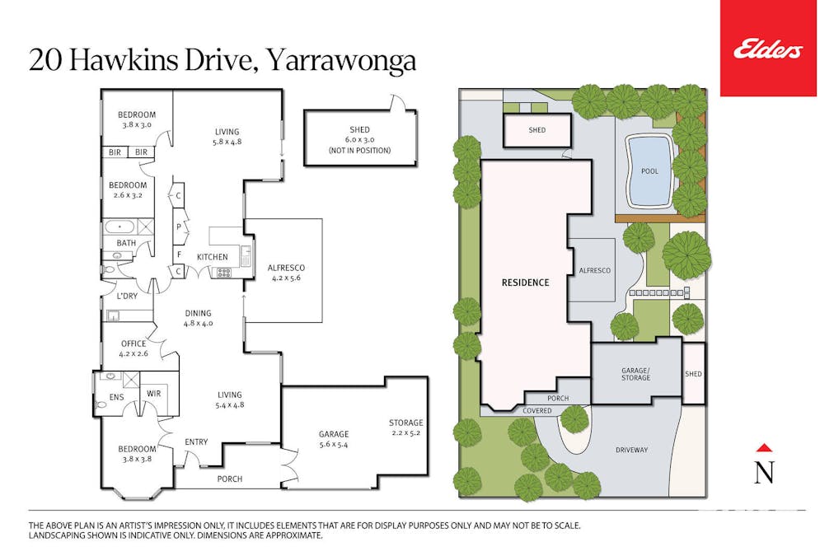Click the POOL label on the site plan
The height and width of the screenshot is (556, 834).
(649, 171)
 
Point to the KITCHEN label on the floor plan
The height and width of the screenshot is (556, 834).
(212, 257)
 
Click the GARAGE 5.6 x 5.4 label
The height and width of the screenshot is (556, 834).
(334, 439)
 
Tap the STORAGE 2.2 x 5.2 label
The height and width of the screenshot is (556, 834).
(406, 428)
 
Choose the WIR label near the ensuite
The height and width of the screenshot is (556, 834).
(153, 394)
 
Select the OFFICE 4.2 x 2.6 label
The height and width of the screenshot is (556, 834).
(133, 348)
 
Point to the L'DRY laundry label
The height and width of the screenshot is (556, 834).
(127, 296)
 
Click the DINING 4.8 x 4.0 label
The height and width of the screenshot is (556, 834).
(198, 318)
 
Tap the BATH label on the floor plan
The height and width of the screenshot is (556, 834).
(126, 243)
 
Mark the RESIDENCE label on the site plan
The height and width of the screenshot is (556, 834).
(525, 283)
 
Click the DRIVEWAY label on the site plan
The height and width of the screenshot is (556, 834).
(632, 450)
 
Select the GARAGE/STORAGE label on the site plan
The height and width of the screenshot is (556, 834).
(635, 374)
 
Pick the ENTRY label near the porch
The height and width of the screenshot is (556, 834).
(196, 442)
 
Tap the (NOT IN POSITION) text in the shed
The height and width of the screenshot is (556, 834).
(359, 151)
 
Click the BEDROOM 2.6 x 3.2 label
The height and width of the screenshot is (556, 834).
(128, 190)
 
